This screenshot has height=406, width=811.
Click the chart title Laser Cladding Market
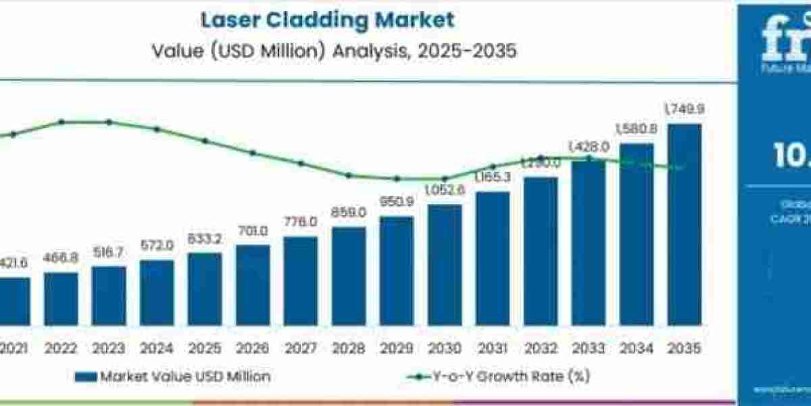click(327, 20)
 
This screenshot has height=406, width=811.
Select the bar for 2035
click(684, 230)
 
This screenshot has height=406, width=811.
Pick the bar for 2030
click(445, 271)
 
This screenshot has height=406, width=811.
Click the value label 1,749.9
click(684, 109)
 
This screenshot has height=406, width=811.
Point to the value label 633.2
click(204, 240)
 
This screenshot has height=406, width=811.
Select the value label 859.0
click(349, 212)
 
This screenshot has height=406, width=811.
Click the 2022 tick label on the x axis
click(61, 348)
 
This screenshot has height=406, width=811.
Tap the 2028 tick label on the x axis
click(349, 348)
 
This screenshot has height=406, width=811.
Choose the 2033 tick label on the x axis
click(589, 348)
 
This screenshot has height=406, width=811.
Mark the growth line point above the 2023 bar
click(109, 122)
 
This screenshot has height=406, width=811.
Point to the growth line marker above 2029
click(397, 179)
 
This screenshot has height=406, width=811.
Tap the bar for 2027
click(301, 286)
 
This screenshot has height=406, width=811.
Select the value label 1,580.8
click(636, 129)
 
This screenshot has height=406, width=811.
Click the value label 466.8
click(61, 258)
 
